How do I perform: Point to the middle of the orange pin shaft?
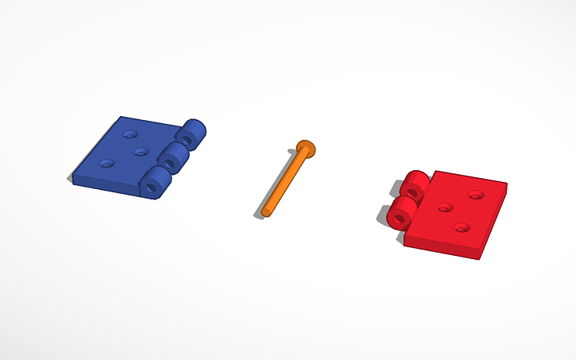284,180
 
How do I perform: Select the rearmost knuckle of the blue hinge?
194,132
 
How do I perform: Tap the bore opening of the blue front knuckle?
153,188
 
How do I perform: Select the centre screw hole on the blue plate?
141,151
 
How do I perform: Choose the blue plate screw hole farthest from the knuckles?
106,164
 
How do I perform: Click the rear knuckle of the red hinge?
415,185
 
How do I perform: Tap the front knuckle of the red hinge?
401,211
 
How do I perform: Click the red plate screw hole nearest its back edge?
476,195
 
